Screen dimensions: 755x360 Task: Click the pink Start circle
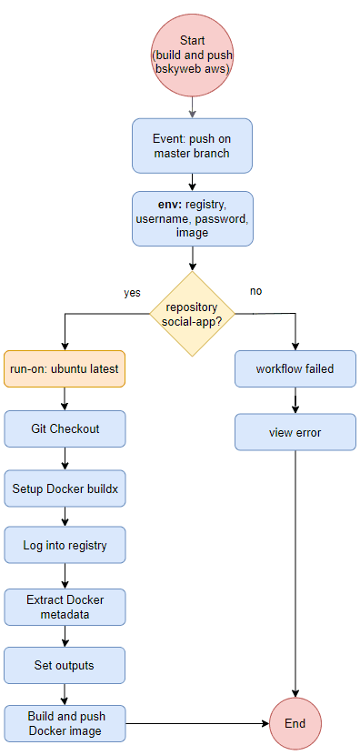point(192,53)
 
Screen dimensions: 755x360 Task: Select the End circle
point(295,724)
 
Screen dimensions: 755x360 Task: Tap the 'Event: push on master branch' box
point(192,146)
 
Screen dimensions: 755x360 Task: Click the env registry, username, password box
point(192,218)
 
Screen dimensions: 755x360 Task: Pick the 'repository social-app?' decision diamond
point(192,314)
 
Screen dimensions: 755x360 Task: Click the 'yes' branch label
point(132,293)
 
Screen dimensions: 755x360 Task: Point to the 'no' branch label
point(255,291)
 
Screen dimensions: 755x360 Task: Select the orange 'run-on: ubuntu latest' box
point(65,369)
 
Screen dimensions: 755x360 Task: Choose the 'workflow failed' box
point(295,369)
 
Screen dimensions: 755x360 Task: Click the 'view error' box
point(295,432)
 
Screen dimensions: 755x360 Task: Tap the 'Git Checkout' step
point(65,428)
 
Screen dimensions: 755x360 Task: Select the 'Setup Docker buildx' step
point(65,488)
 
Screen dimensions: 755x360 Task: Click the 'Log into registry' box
point(65,546)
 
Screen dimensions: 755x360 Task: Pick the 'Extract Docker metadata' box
point(65,607)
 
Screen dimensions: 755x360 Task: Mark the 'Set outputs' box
point(65,665)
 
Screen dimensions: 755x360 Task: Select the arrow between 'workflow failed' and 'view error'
point(295,400)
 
